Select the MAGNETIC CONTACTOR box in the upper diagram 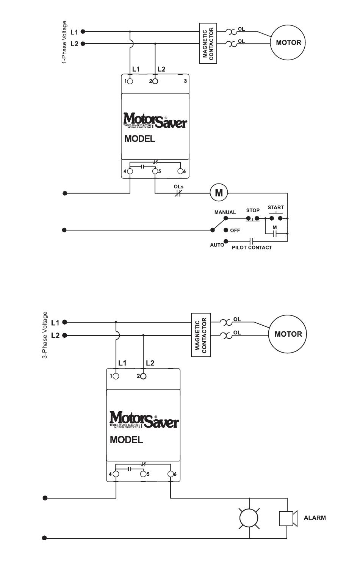tap(208, 43)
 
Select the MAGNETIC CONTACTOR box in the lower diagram tap(200, 335)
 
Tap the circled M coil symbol tap(219, 193)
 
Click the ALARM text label tap(315, 518)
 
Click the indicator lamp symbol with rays tap(249, 518)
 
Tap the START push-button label tap(275, 207)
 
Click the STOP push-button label tap(253, 210)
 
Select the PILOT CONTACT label tap(252, 248)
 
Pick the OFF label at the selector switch tap(235, 231)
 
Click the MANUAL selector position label tap(225, 212)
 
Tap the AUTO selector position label tap(217, 245)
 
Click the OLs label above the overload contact tap(178, 187)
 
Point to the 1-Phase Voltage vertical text tap(64, 42)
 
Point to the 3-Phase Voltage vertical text tap(45, 335)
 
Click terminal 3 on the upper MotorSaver tap(185, 81)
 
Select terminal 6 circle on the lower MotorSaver tap(171, 474)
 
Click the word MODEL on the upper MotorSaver tap(139, 139)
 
